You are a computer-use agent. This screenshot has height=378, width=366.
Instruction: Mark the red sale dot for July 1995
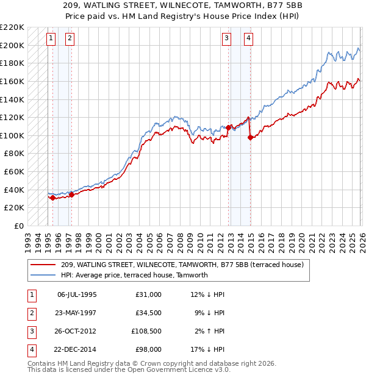(x=52, y=198)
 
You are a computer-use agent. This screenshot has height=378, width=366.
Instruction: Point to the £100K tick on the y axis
(x=13, y=135)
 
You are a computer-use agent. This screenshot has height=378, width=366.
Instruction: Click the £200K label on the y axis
(x=13, y=45)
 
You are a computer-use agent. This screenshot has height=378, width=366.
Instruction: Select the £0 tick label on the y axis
(x=18, y=226)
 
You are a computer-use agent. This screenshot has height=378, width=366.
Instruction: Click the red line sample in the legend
(x=43, y=265)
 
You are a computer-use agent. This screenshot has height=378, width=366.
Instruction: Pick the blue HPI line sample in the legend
(x=43, y=275)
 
